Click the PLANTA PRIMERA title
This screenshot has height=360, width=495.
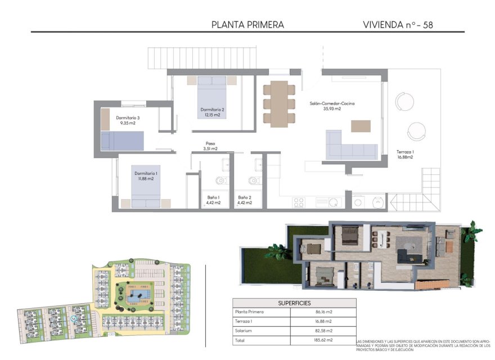tap(247, 25)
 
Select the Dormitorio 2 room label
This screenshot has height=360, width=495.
tap(212, 112)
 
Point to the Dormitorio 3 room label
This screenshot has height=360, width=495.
tap(128, 120)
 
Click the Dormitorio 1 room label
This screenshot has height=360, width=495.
tap(146, 177)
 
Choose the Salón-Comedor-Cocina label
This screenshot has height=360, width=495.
tap(331, 106)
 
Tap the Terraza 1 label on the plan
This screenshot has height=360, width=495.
tap(405, 155)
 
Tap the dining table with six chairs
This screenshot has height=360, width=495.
tap(279, 103)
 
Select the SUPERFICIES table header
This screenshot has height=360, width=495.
tap(294, 303)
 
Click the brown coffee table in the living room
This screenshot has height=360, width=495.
tap(361, 126)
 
